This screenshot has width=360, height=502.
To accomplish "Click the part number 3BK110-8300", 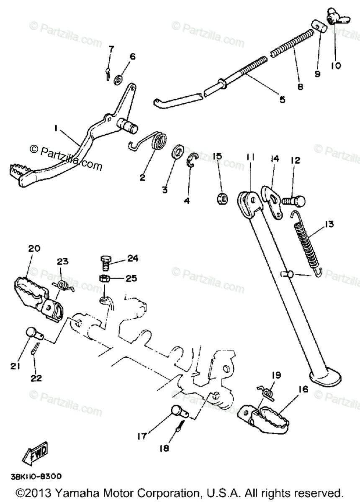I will tap(36, 476).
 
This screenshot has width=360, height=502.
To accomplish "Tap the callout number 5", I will tap(282, 100).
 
